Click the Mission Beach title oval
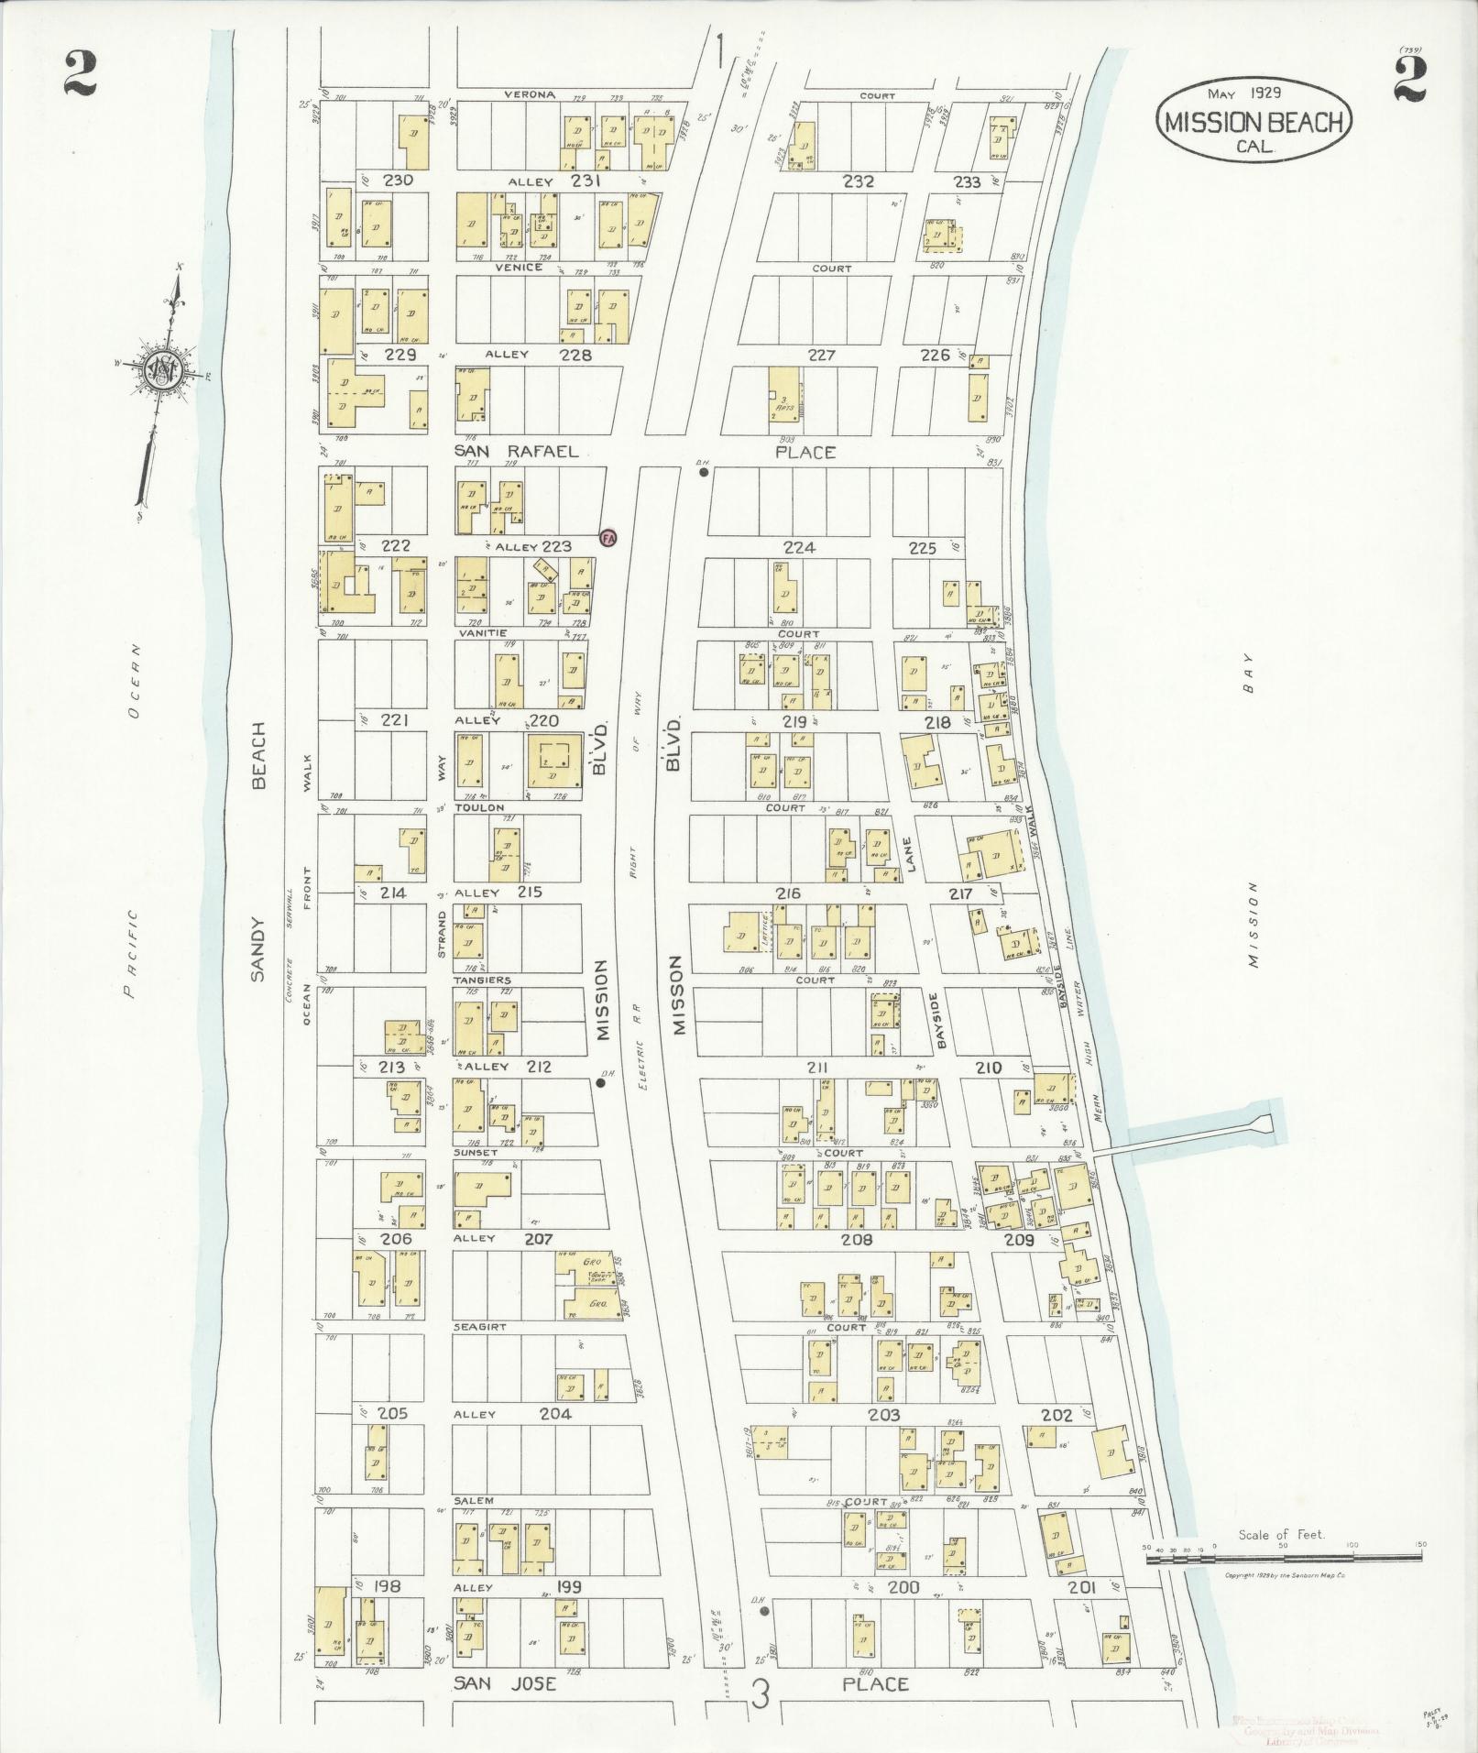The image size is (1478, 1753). click(1254, 120)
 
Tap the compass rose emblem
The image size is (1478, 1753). click(166, 370)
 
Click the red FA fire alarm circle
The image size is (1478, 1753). click(607, 538)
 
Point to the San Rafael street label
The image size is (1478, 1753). click(518, 451)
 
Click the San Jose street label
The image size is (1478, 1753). click(506, 1683)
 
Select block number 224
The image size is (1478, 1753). click(799, 547)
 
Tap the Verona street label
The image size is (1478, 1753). click(530, 94)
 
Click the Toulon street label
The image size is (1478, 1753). click(479, 807)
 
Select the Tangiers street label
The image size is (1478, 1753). click(482, 980)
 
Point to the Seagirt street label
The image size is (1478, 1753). click(479, 1326)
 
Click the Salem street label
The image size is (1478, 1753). click(474, 1500)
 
